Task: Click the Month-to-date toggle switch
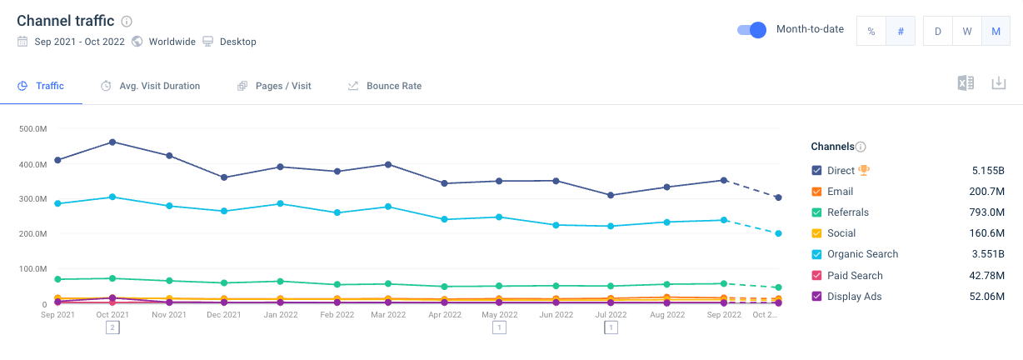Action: coord(751,30)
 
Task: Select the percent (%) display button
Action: coord(871,31)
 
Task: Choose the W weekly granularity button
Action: coord(966,31)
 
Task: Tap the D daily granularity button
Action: coord(937,31)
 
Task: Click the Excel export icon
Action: coord(966,83)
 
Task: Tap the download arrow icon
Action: coord(998,83)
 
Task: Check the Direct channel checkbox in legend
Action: coord(816,171)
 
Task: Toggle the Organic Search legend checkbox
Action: coord(816,254)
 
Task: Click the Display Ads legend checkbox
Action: coord(816,297)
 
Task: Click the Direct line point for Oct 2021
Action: coord(112,142)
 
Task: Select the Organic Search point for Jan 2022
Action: coord(280,203)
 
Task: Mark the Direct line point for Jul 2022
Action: coord(611,195)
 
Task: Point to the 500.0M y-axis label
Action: coord(32,129)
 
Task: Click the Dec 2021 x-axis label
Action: coord(224,314)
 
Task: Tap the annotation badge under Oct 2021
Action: coord(112,327)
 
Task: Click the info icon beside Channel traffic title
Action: coord(127,21)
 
